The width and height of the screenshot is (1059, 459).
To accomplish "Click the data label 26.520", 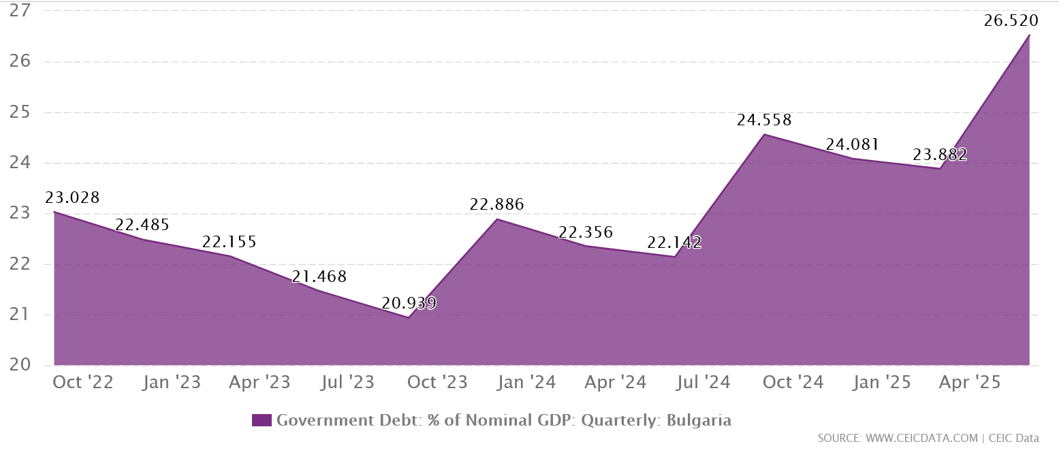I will pyautogui.click(x=1011, y=20).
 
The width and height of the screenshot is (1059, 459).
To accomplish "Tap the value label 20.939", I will pyautogui.click(x=409, y=303).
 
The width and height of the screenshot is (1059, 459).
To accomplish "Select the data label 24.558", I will pyautogui.click(x=764, y=121).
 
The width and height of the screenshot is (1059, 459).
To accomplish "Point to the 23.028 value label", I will pyautogui.click(x=72, y=198).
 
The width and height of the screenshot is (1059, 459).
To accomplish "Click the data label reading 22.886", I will pyautogui.click(x=496, y=204).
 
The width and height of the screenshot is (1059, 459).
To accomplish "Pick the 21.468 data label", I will pyautogui.click(x=319, y=277).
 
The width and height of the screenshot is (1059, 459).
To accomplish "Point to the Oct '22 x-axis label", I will pyautogui.click(x=83, y=383).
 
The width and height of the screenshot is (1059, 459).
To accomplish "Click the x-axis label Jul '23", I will pyautogui.click(x=348, y=383).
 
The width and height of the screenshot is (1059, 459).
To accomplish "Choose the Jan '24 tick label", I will pyautogui.click(x=526, y=383).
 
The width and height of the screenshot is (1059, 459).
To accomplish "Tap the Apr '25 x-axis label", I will pyautogui.click(x=970, y=383).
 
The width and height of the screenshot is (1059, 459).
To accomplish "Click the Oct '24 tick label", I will pyautogui.click(x=793, y=383).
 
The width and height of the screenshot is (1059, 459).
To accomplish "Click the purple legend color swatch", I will pyautogui.click(x=262, y=420).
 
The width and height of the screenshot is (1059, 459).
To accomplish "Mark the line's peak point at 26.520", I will pyautogui.click(x=1029, y=35).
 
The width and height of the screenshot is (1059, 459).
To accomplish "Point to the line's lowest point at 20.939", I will pyautogui.click(x=409, y=317).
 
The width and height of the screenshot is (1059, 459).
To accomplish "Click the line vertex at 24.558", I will pyautogui.click(x=763, y=134).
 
